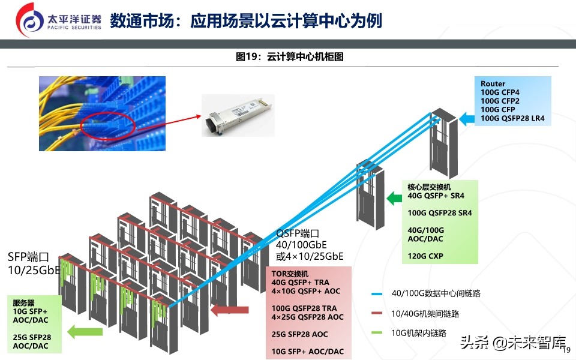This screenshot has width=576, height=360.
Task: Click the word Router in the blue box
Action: (493, 84)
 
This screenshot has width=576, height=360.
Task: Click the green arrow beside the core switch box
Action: (394, 198)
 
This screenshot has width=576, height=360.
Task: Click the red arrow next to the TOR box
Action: (230, 310)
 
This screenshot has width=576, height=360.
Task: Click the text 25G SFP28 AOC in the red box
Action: (300, 334)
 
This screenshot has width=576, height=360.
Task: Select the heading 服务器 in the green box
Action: (25, 303)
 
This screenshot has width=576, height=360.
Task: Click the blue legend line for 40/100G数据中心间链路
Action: (377, 293)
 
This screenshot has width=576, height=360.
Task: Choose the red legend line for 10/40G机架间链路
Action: (377, 313)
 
